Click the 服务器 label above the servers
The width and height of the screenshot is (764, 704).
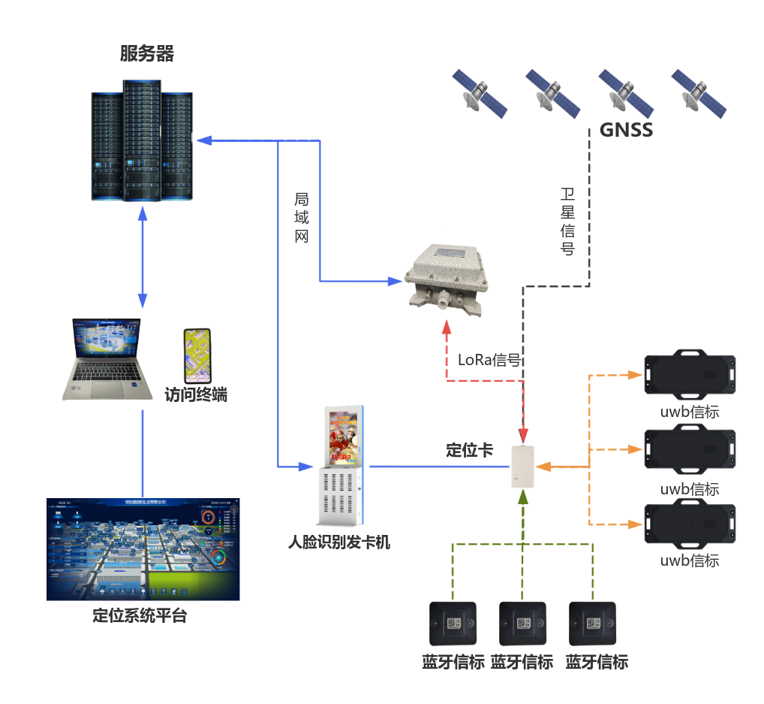147,54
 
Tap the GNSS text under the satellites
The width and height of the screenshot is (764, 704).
626,130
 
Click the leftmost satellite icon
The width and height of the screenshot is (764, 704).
480,92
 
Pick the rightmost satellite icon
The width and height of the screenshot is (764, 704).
699,92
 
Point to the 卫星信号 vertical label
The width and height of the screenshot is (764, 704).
568,222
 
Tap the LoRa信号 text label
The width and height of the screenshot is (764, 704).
489,360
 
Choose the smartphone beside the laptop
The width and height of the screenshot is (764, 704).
198,355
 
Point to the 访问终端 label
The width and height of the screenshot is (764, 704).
196,394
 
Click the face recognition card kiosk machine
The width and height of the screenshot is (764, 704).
341,466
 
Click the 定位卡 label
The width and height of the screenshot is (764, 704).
469,450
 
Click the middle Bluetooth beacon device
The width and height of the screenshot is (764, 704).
522,623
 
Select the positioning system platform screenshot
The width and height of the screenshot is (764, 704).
143,548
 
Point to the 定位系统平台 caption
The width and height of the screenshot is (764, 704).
140,616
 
